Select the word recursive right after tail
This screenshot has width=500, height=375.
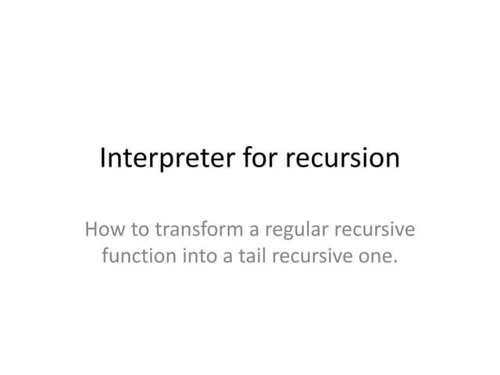click(306, 255)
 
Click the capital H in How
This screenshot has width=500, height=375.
click(91, 232)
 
